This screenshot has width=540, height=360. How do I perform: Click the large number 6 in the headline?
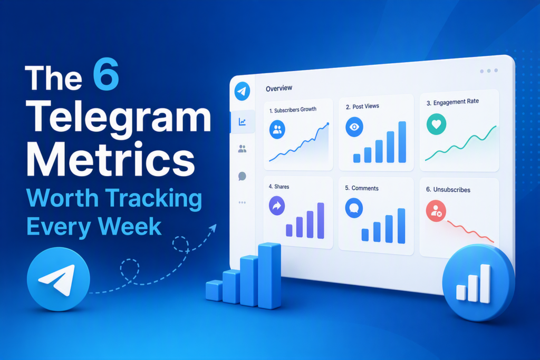[105, 74]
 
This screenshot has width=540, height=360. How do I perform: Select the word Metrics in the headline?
[111, 160]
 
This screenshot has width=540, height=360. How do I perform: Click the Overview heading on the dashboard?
[279, 88]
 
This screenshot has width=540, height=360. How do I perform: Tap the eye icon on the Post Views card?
[354, 127]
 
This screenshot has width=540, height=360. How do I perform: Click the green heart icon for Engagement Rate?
[436, 124]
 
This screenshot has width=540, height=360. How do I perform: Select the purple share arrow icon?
[277, 206]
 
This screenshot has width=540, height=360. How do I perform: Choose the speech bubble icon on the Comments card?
[354, 208]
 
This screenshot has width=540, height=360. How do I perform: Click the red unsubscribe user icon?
[436, 211]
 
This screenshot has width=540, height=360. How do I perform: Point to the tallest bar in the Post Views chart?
[402, 142]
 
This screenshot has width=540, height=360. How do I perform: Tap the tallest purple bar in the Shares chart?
[321, 221]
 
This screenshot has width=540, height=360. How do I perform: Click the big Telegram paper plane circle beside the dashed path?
[59, 279]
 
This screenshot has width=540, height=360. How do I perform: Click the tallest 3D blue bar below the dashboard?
[269, 275]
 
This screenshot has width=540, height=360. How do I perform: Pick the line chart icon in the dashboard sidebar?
[242, 121]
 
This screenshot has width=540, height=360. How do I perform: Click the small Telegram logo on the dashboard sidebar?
[242, 91]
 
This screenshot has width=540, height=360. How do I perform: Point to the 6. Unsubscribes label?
[448, 190]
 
